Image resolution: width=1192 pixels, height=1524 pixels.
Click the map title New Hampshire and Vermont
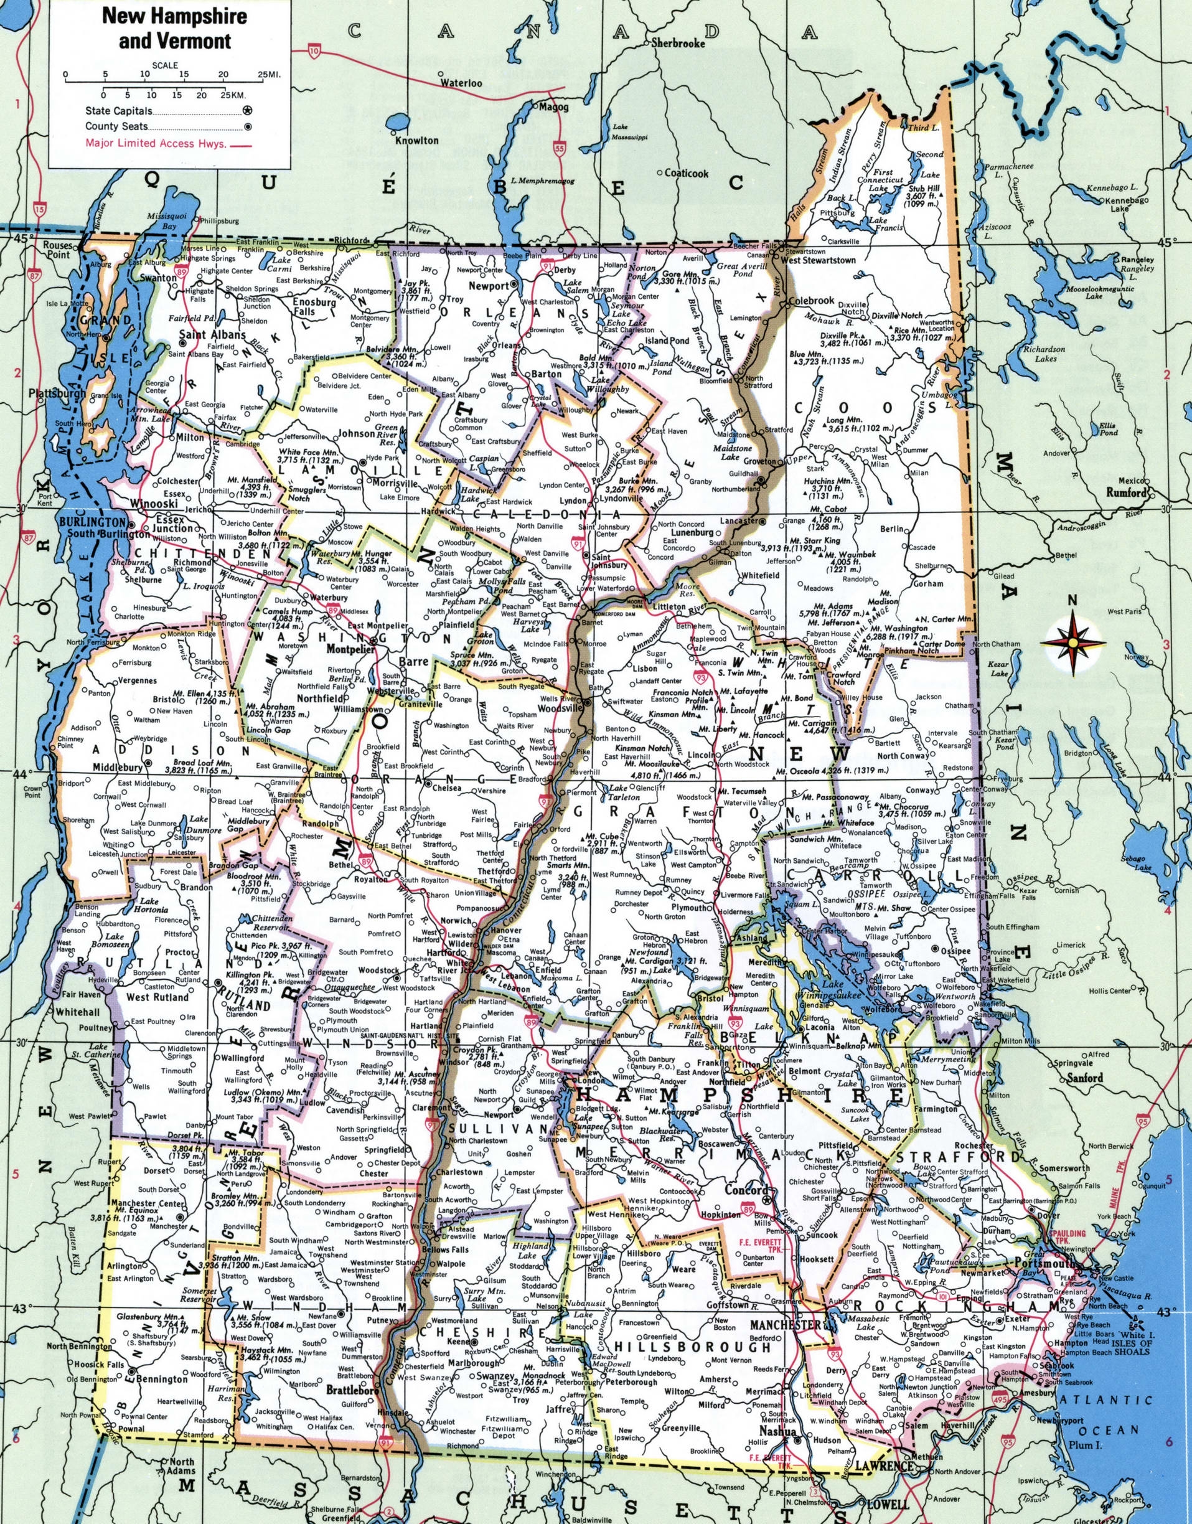pos(174,29)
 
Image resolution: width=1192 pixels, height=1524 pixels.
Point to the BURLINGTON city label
pos(92,523)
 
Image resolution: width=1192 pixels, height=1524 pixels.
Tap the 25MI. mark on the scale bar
pos(269,74)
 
